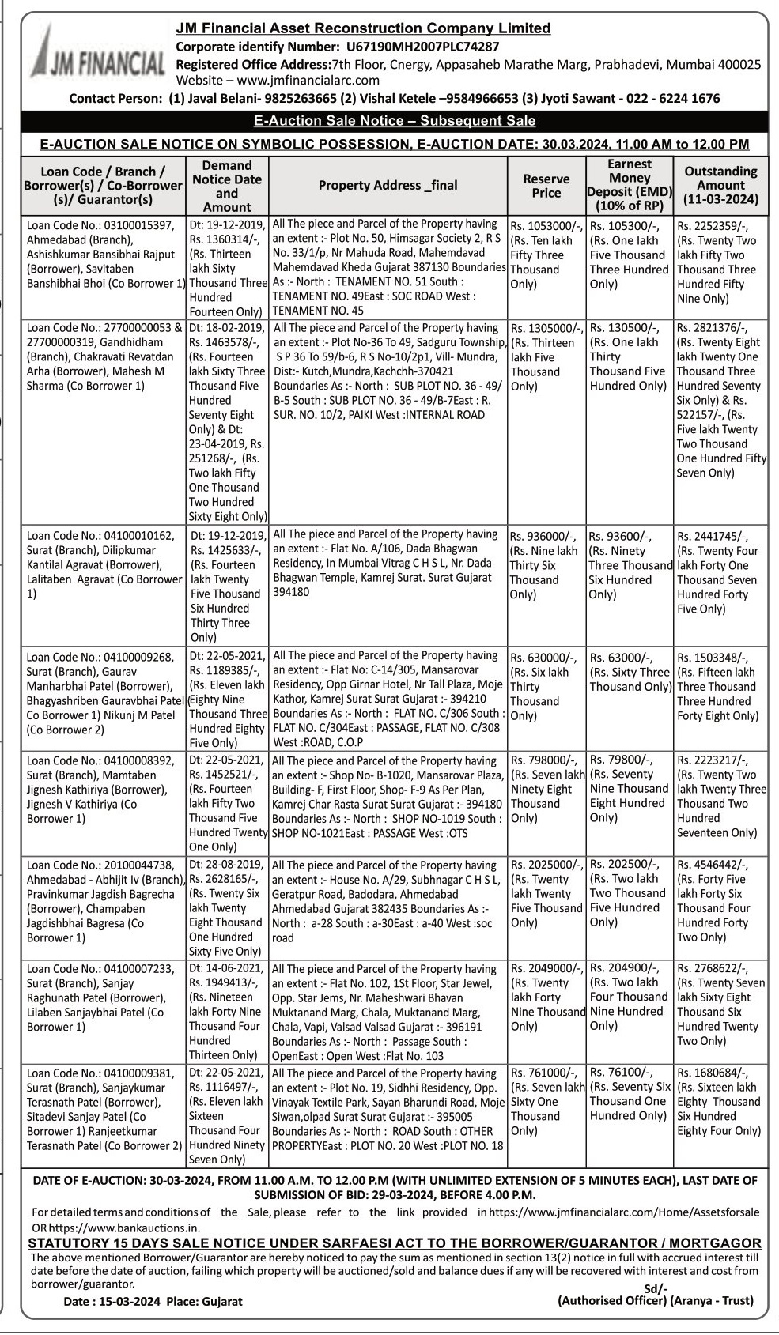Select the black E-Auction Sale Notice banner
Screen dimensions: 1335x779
click(394, 121)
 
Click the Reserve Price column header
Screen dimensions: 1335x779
click(546, 186)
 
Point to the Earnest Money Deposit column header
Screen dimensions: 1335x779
click(630, 186)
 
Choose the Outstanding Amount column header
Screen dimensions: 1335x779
click(720, 185)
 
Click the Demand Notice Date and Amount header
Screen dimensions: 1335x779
click(227, 186)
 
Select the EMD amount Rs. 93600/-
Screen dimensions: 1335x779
click(621, 537)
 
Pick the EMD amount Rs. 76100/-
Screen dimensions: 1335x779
click(621, 1073)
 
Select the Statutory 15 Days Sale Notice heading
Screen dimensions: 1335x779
click(394, 1243)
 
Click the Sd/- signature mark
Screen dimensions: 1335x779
click(656, 1288)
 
